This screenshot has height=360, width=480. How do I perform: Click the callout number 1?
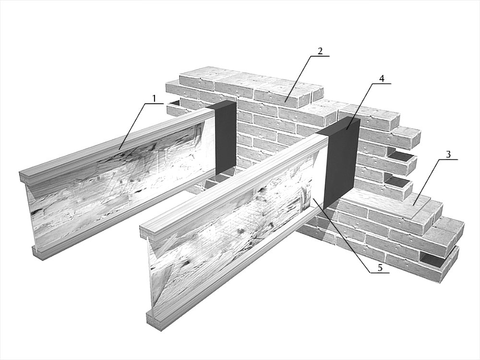(x=154, y=98)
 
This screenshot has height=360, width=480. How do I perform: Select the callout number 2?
(x=320, y=51)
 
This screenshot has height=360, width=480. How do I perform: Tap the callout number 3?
(x=448, y=154)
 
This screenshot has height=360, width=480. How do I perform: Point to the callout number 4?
(x=382, y=78)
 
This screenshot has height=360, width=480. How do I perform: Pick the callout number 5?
(x=380, y=268)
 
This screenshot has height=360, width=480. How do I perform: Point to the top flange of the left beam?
(x=116, y=144)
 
